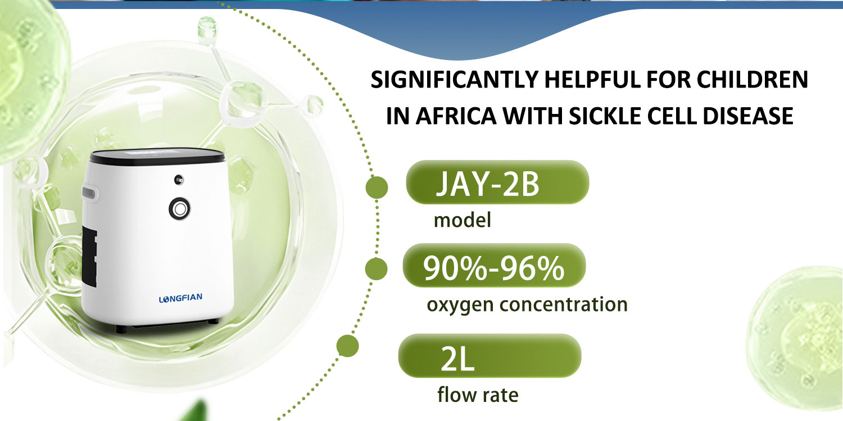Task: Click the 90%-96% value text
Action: point(493,268)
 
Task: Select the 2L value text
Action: point(457,359)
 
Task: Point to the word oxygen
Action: point(460,305)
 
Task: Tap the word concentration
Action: point(563,304)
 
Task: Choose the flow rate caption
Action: point(478,395)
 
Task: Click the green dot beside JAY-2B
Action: point(377,187)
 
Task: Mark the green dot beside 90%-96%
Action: point(376,269)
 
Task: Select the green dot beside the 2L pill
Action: point(347,345)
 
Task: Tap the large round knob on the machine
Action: point(179,208)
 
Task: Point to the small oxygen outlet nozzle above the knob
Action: point(178,180)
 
